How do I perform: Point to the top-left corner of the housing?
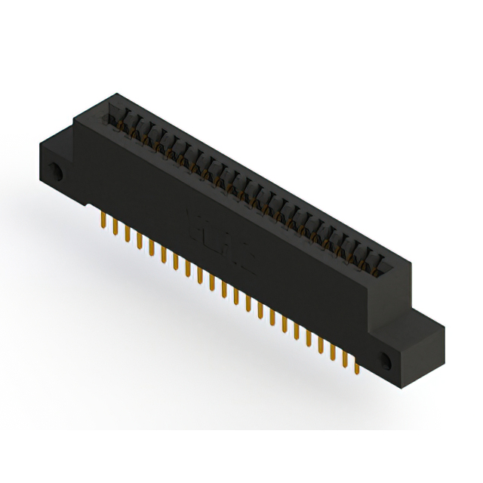[x=113, y=94]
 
